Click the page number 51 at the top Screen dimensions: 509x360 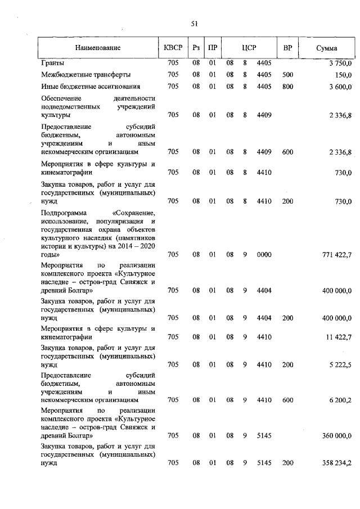pyautogui.click(x=194, y=24)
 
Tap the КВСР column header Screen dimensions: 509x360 pyautogui.click(x=173, y=48)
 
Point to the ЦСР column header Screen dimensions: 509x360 pyautogui.click(x=249, y=48)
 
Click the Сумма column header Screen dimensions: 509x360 pyautogui.click(x=326, y=48)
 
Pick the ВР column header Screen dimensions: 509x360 pyautogui.click(x=287, y=48)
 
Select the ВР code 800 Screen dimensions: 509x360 pyautogui.click(x=287, y=87)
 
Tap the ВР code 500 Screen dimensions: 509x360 pyautogui.click(x=287, y=74)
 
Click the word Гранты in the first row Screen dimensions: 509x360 pyautogui.click(x=53, y=62)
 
